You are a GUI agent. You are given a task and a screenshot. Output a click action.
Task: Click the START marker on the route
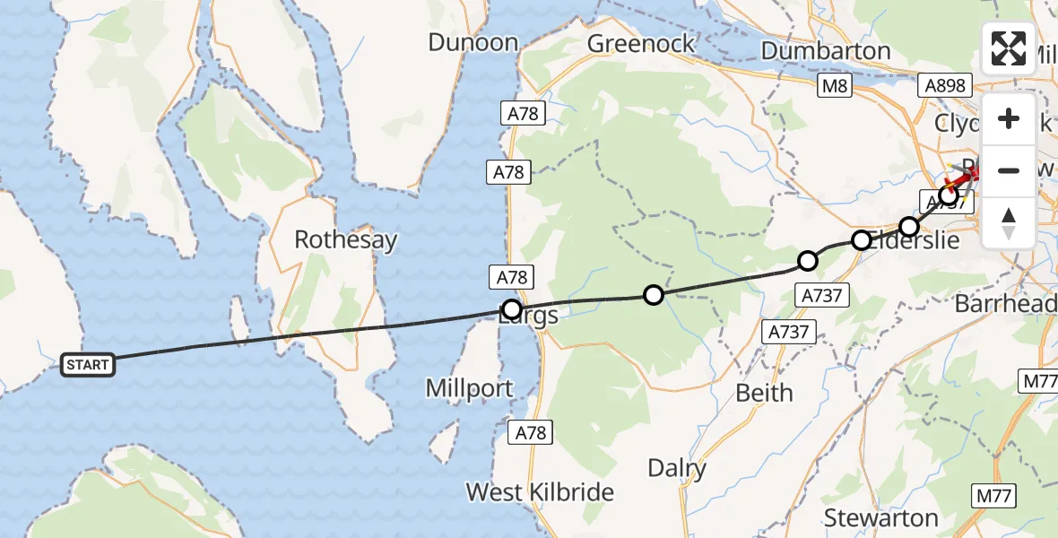(87, 364)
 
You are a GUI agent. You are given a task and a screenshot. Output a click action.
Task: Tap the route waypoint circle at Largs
(511, 310)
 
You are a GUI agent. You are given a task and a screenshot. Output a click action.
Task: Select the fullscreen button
(1009, 48)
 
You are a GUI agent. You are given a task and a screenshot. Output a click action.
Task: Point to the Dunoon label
(473, 42)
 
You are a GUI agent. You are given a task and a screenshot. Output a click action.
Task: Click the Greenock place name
(641, 43)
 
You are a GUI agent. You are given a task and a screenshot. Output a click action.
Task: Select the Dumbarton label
(826, 50)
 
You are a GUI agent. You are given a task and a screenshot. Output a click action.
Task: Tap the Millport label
(471, 388)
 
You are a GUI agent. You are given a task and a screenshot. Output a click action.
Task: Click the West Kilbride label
(540, 491)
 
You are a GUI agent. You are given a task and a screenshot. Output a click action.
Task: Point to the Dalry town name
(677, 467)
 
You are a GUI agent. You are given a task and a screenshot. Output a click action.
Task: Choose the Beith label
(764, 393)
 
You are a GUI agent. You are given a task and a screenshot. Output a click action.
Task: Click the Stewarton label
(880, 517)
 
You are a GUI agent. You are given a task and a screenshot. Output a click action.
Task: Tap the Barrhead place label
(1005, 303)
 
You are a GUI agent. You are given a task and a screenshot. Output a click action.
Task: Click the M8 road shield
(834, 85)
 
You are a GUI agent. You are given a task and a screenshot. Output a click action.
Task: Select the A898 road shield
(946, 85)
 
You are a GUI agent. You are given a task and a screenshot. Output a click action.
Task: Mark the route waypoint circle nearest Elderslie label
(861, 240)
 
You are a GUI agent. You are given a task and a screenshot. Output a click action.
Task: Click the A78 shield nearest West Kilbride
(529, 432)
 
